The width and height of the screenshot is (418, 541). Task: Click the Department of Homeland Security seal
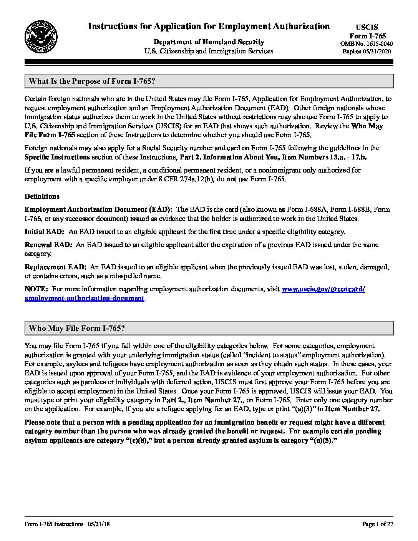click(41, 38)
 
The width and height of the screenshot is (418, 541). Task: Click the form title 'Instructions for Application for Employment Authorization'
click(209, 26)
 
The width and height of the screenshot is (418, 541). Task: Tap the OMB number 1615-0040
click(367, 44)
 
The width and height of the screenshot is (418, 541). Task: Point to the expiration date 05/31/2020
click(377, 51)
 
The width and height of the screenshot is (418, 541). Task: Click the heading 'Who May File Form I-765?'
click(77, 328)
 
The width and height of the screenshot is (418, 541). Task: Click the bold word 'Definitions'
click(42, 196)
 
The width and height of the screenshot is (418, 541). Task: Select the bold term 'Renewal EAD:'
click(48, 245)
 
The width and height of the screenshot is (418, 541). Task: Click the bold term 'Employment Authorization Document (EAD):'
click(98, 209)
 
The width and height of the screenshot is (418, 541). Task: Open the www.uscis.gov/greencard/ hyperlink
click(323, 289)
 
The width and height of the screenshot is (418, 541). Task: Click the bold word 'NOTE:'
click(36, 289)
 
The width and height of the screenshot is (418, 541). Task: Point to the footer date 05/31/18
click(99, 524)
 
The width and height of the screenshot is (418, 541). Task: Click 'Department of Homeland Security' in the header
click(209, 42)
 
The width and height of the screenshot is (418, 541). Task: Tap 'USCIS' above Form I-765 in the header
click(367, 27)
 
